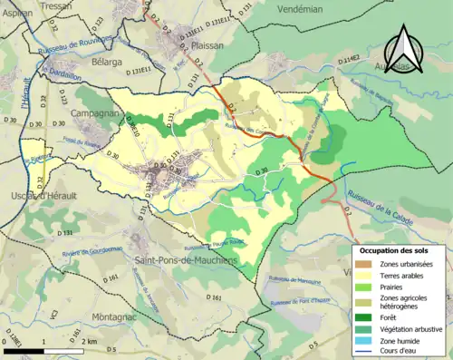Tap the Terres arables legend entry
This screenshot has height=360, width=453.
point(404,275)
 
